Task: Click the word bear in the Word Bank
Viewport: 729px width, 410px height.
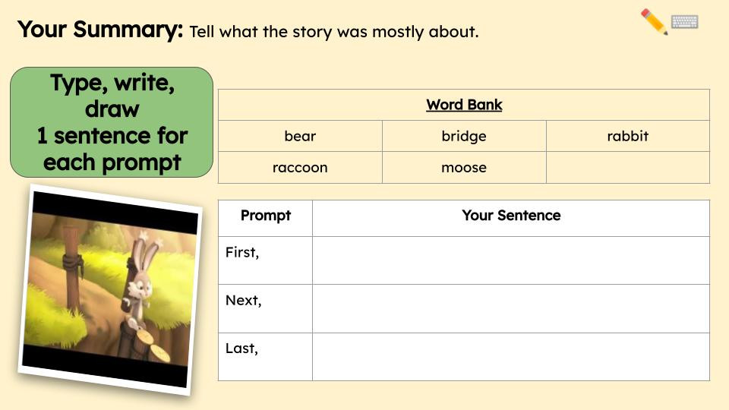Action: [300, 137]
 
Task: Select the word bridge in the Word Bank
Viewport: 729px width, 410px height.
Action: [464, 137]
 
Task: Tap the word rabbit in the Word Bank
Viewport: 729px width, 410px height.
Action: [628, 137]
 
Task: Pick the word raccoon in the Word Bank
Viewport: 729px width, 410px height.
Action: [300, 168]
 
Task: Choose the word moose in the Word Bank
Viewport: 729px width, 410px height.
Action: [464, 168]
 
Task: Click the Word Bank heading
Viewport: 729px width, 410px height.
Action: [464, 105]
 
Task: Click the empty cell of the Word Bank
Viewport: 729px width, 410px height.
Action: [628, 168]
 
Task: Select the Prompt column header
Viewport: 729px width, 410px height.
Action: [266, 216]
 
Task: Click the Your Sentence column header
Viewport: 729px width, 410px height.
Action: [511, 216]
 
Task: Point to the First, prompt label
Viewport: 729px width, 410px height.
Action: [242, 253]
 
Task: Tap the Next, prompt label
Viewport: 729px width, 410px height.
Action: [244, 301]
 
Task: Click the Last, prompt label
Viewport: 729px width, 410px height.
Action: [242, 349]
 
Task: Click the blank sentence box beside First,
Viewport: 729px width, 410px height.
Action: [511, 260]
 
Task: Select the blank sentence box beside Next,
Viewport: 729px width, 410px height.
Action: [511, 309]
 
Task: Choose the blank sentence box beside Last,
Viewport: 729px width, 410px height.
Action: [511, 357]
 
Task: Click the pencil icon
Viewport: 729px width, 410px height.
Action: [654, 21]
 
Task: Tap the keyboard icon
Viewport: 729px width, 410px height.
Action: [685, 22]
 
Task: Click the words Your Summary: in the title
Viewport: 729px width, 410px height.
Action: [100, 30]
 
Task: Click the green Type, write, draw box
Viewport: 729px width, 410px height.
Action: [112, 122]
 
